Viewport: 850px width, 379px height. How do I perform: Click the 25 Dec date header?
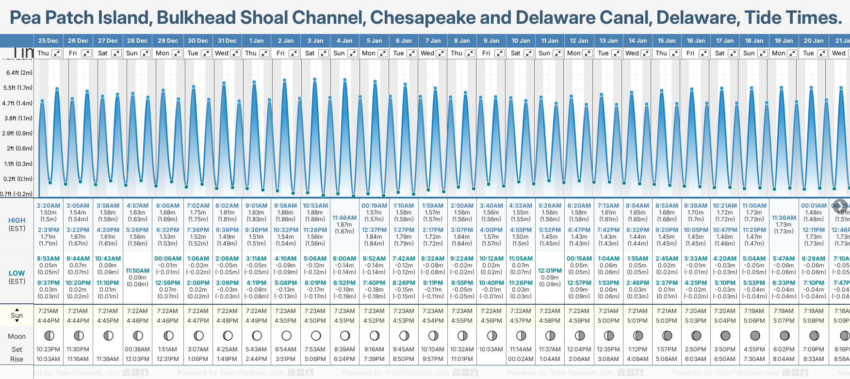(48, 41)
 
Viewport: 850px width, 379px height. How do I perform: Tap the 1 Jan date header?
(256, 41)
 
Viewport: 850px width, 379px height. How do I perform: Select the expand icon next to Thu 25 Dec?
(57, 53)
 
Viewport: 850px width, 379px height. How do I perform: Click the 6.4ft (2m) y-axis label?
(19, 73)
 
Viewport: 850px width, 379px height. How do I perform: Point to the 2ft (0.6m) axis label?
(20, 148)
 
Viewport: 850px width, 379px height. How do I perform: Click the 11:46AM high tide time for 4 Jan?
(344, 218)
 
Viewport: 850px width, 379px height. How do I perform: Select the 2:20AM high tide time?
(48, 206)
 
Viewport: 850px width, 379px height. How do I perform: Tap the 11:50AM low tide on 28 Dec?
(137, 271)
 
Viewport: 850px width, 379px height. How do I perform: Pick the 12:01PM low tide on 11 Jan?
(550, 271)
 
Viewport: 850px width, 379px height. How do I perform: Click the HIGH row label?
(16, 220)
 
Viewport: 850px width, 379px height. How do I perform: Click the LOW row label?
(16, 273)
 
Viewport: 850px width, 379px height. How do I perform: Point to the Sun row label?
(16, 315)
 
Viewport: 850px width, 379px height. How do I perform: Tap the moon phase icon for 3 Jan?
(316, 335)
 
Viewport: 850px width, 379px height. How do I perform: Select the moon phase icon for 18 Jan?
(755, 335)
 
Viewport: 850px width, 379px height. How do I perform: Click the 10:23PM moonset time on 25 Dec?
(48, 349)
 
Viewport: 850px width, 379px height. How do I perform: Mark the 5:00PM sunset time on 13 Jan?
(608, 321)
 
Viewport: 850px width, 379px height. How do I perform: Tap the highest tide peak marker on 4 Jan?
(345, 80)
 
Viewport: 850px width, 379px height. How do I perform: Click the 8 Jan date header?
(462, 41)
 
